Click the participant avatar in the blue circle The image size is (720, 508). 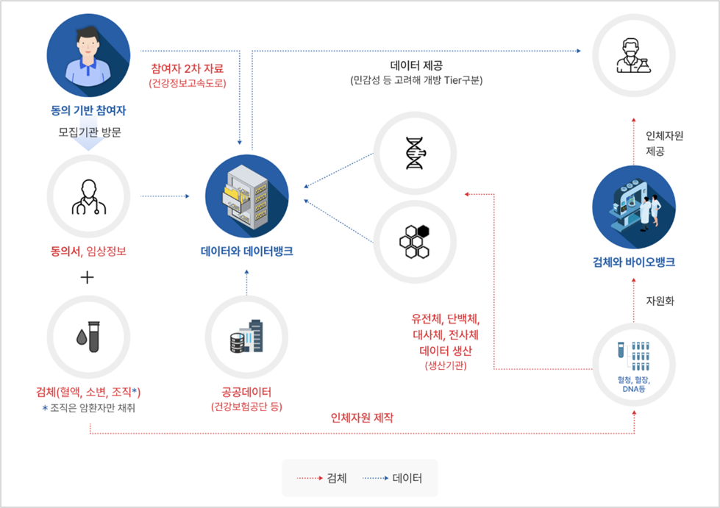tap(88, 56)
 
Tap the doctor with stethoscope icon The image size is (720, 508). tap(88, 196)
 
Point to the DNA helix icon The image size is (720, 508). tap(415, 154)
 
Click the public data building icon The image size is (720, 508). tap(246, 337)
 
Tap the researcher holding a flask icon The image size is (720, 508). tap(633, 57)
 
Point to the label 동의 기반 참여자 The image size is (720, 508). tap(88, 112)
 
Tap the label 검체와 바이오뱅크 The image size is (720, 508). tap(633, 262)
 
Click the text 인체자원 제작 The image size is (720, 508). tap(362, 418)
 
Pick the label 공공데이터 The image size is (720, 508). tap(246, 392)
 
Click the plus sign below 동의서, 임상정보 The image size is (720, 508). tap(88, 278)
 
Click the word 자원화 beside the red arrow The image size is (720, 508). tap(660, 301)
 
